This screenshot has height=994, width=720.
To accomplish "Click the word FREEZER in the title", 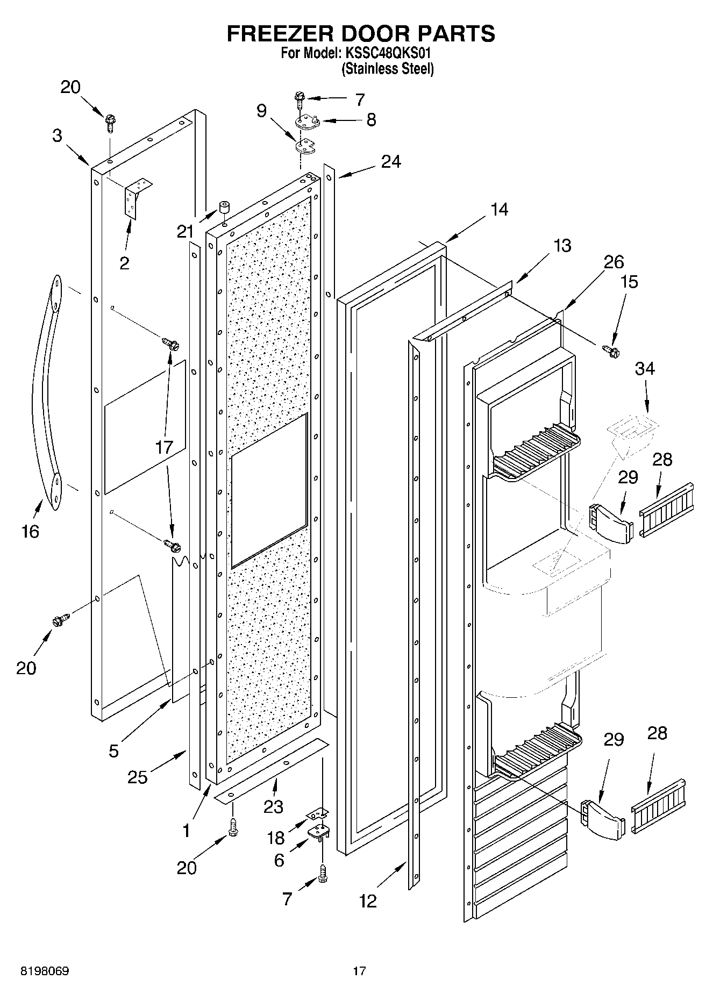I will [280, 33].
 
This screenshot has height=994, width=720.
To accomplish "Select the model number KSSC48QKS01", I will [388, 54].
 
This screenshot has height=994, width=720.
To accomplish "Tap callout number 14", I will [499, 209].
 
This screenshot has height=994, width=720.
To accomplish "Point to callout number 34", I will [645, 369].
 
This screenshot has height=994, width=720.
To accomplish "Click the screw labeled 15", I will [612, 351].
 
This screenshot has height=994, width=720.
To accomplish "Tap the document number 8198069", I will [45, 971].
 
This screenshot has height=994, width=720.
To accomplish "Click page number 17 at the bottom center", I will [359, 971].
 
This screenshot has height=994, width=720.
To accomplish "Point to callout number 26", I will [613, 262].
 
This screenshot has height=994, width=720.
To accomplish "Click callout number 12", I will [368, 901].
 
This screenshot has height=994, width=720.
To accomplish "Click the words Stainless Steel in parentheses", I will [388, 69].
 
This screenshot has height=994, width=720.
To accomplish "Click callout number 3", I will [58, 135].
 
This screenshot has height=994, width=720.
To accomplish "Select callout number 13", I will [562, 246].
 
